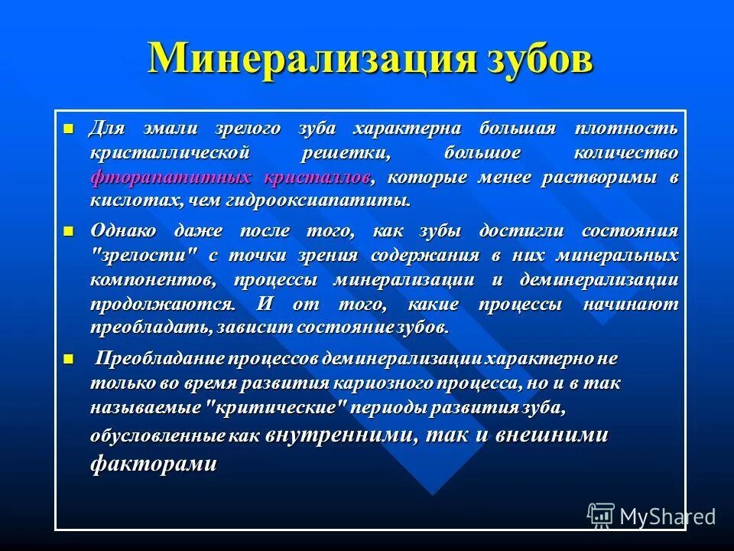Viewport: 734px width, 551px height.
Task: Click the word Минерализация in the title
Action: point(310,60)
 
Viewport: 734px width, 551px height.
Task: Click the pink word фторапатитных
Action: point(171,178)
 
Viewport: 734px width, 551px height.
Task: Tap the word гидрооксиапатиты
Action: point(317,201)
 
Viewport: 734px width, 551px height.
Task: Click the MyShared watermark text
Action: point(667,516)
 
